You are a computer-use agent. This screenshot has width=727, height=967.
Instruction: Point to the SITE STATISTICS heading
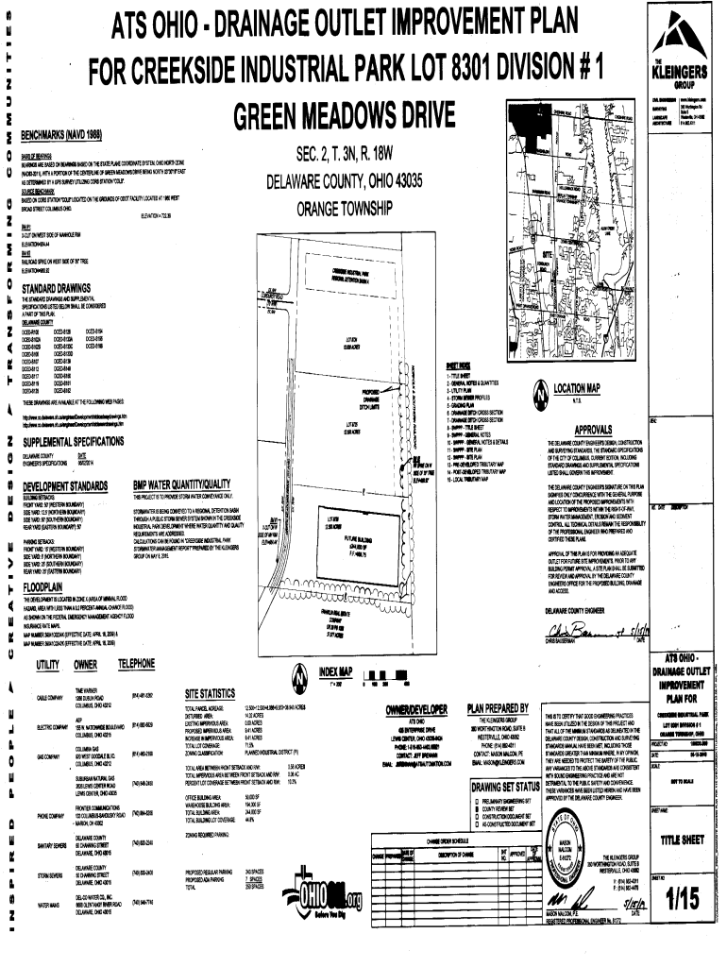pyautogui.click(x=218, y=694)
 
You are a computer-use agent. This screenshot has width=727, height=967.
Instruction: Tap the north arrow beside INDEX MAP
pyautogui.click(x=298, y=677)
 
